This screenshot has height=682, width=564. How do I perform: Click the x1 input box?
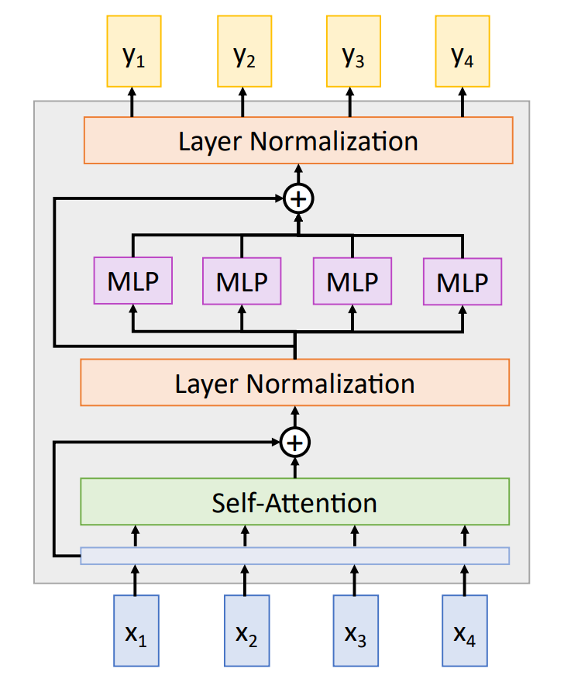pyautogui.click(x=136, y=631)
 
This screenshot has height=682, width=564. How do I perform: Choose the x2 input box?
pyautogui.click(x=246, y=631)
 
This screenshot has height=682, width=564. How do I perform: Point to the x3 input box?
pyautogui.click(x=356, y=631)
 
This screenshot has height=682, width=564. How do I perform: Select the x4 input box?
pyautogui.click(x=465, y=631)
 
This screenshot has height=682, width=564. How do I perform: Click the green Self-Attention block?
pyautogui.click(x=294, y=502)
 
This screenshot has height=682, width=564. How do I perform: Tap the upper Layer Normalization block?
pyautogui.click(x=298, y=140)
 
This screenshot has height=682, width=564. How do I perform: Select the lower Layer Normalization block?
pyautogui.click(x=294, y=383)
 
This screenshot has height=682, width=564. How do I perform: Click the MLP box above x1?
pyautogui.click(x=132, y=280)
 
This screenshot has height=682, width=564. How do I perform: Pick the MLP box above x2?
pyautogui.click(x=242, y=281)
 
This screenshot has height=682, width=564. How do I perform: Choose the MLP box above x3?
pyautogui.click(x=352, y=281)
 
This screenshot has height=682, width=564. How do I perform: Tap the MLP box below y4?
pyautogui.click(x=463, y=281)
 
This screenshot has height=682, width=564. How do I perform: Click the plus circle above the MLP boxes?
pyautogui.click(x=298, y=199)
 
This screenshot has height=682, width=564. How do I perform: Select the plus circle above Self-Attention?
pyautogui.click(x=294, y=443)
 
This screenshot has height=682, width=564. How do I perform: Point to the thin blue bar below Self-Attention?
pyautogui.click(x=294, y=556)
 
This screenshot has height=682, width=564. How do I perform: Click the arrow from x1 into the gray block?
pyautogui.click(x=136, y=580)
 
